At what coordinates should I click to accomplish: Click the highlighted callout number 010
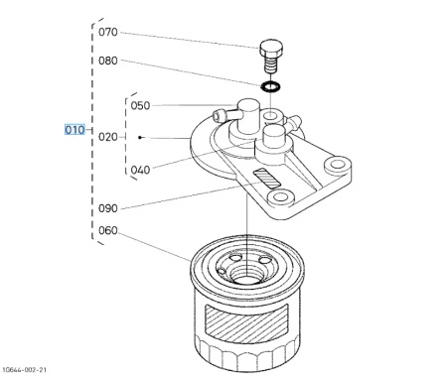pyautogui.click(x=74, y=130)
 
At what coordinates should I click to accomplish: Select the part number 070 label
pyautogui.click(x=108, y=32)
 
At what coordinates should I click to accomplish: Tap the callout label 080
pyautogui.click(x=108, y=61)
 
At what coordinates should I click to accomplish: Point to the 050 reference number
pyautogui.click(x=140, y=106)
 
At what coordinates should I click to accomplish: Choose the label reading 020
pyautogui.click(x=108, y=137)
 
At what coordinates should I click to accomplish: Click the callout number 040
pyautogui.click(x=140, y=170)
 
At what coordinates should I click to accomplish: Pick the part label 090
pyautogui.click(x=108, y=208)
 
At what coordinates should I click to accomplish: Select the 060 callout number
pyautogui.click(x=108, y=230)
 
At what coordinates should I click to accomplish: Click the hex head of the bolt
pyautogui.click(x=271, y=49)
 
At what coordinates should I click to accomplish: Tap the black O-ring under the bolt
pyautogui.click(x=270, y=86)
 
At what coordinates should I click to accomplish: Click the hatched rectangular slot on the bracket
pyautogui.click(x=266, y=179)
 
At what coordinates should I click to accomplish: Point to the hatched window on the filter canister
pyautogui.click(x=246, y=323)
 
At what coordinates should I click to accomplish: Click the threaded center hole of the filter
pyautogui.click(x=247, y=275)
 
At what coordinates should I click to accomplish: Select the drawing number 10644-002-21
pyautogui.click(x=25, y=369)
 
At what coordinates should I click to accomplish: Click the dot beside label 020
pyautogui.click(x=140, y=137)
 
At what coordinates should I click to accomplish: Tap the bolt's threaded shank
pyautogui.click(x=271, y=64)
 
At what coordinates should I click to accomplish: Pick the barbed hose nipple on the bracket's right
pyautogui.click(x=293, y=122)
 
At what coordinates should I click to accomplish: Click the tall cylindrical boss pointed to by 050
pyautogui.click(x=248, y=116)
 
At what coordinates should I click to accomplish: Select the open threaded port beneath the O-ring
pyautogui.click(x=271, y=116)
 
